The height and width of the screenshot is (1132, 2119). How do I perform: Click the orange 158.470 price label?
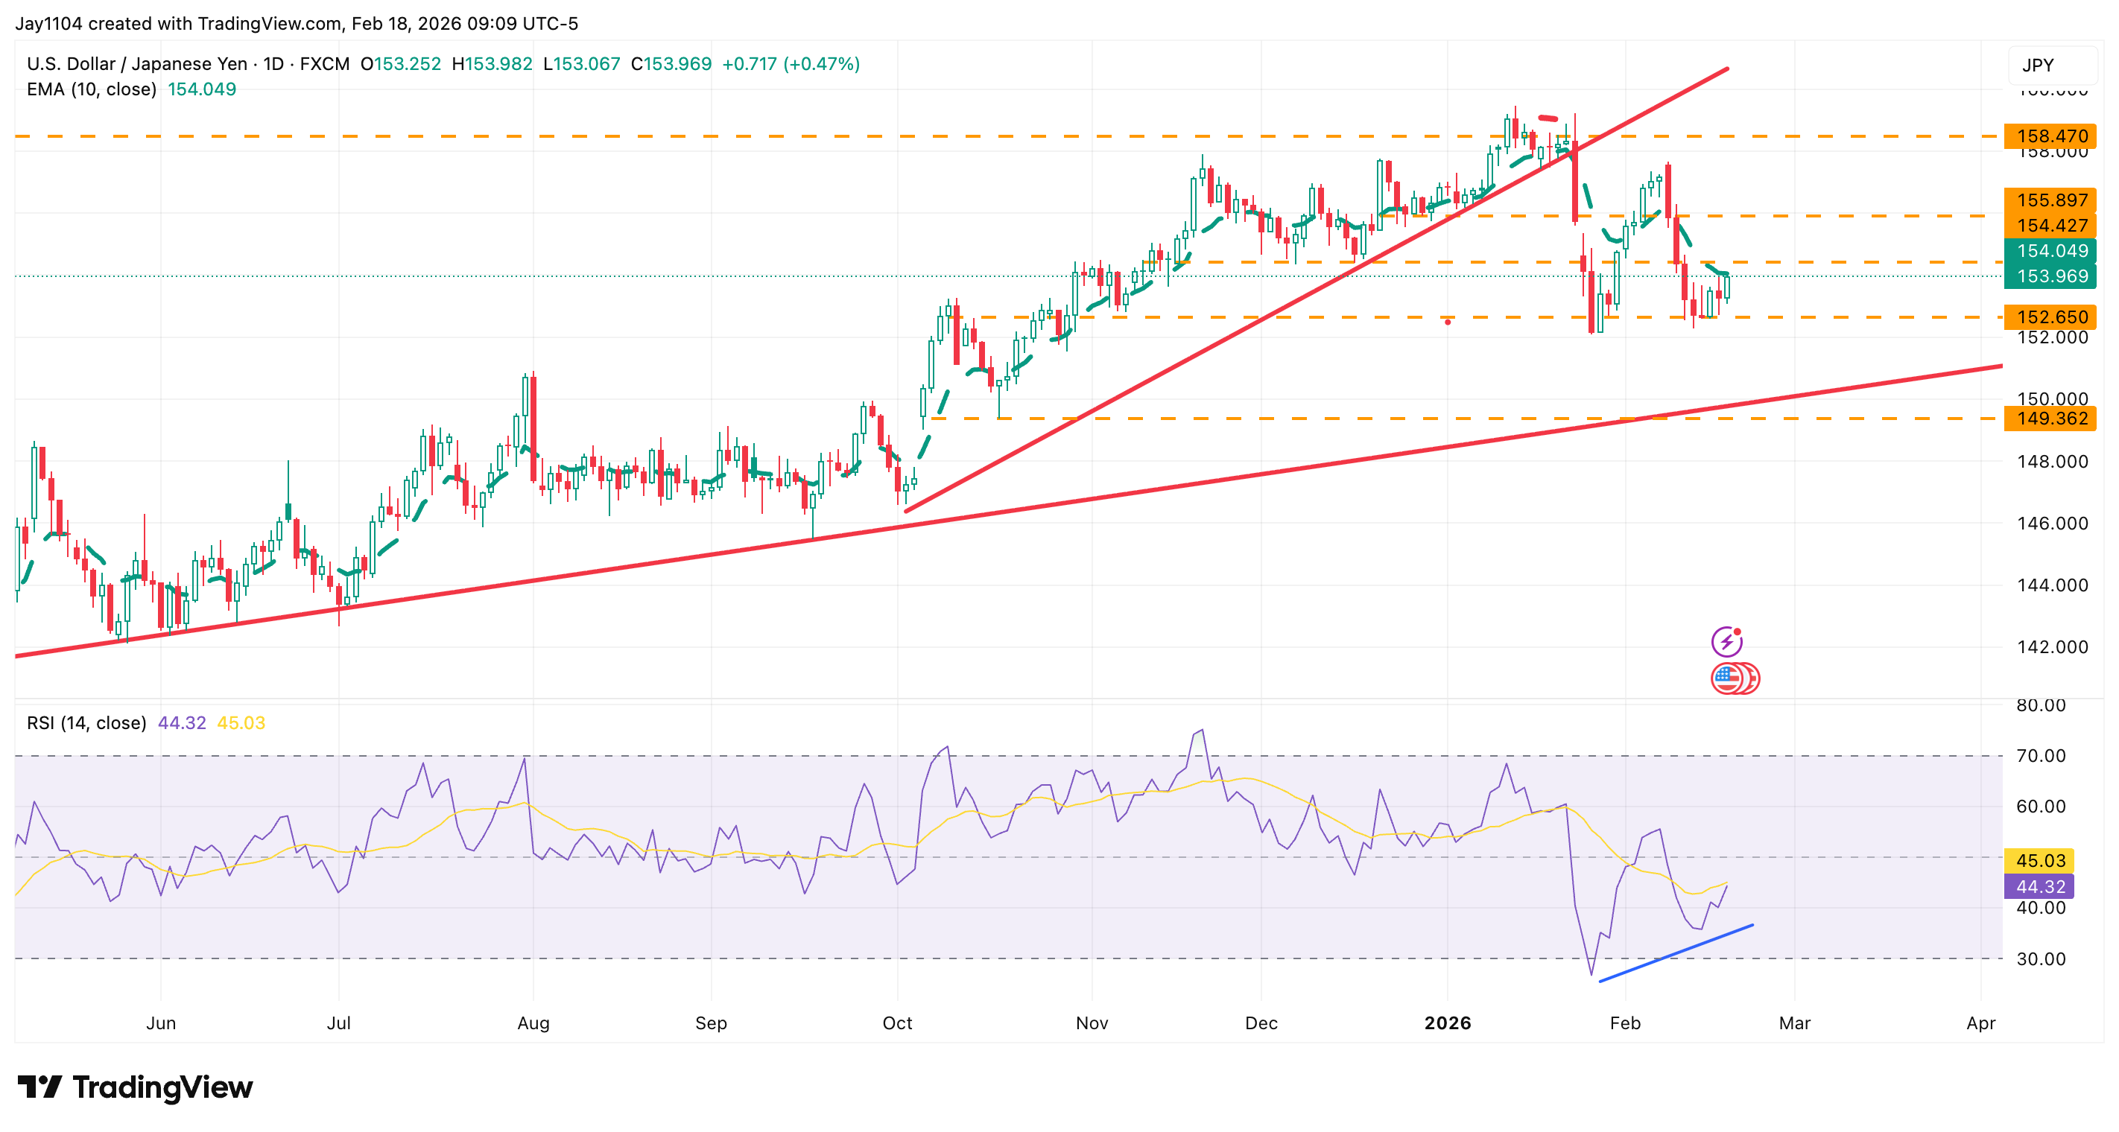pyautogui.click(x=2050, y=136)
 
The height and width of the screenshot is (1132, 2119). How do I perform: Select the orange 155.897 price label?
pyautogui.click(x=2050, y=200)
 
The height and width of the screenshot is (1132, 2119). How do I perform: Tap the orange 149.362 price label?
pyautogui.click(x=2050, y=419)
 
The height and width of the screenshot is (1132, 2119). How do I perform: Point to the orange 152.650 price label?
pyautogui.click(x=2050, y=317)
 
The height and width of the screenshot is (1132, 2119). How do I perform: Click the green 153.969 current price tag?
pyautogui.click(x=2050, y=276)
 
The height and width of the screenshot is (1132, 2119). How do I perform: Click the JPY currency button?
pyautogui.click(x=2038, y=65)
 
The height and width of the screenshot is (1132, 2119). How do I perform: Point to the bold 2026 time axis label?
pyautogui.click(x=1447, y=1023)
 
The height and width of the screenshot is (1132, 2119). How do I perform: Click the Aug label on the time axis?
pyautogui.click(x=533, y=1023)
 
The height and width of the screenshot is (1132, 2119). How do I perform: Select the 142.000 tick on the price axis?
pyautogui.click(x=2051, y=647)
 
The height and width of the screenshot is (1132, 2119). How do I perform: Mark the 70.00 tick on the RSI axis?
pyautogui.click(x=2040, y=755)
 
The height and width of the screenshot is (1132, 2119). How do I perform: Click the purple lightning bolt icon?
pyautogui.click(x=1726, y=641)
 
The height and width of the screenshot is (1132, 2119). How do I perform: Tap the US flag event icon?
pyautogui.click(x=1727, y=678)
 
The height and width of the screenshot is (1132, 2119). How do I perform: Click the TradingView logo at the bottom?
pyautogui.click(x=135, y=1087)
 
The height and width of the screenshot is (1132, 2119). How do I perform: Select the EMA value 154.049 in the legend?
pyautogui.click(x=201, y=89)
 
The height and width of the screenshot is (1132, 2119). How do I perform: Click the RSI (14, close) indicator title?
pyautogui.click(x=86, y=722)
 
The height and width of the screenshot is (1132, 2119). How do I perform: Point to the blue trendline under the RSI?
pyautogui.click(x=1676, y=953)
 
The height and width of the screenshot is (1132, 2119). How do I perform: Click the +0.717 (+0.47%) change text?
pyautogui.click(x=791, y=63)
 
